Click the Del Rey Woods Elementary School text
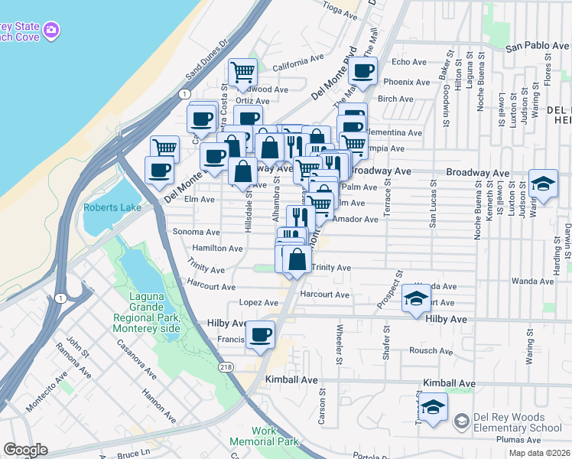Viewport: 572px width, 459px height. pos(514,422)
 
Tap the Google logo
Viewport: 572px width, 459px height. pos(25,450)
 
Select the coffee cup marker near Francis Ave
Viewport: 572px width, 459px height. pos(261,334)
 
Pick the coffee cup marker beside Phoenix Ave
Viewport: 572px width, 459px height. pos(363,71)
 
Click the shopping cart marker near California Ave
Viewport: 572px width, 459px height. pos(242,73)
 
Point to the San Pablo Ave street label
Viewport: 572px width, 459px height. pos(538,47)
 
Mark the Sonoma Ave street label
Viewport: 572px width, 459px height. pos(197,232)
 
